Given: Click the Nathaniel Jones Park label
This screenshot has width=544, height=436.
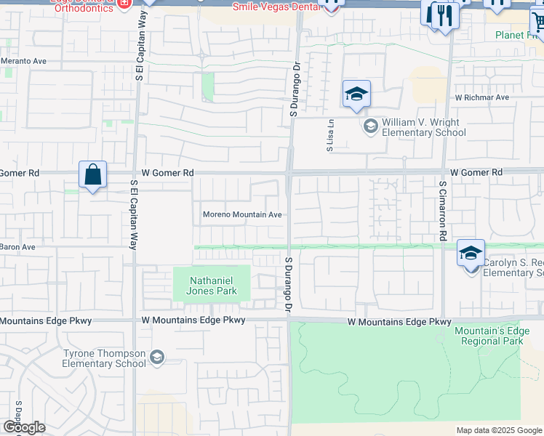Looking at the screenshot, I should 211,285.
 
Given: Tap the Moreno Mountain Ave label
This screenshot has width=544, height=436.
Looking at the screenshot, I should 242,215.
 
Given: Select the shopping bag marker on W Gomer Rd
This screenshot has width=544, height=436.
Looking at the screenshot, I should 92,175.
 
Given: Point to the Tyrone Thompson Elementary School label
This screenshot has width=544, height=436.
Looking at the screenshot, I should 105,358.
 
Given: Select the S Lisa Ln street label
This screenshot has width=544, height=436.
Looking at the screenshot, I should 329,135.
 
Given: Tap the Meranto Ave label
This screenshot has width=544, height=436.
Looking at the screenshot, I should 23,61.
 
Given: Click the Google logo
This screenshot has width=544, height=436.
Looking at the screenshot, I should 24,427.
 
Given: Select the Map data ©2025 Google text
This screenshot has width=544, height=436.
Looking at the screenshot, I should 499,430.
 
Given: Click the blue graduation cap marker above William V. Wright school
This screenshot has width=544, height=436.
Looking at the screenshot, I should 356,94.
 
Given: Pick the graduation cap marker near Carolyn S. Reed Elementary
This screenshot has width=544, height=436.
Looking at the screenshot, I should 471,253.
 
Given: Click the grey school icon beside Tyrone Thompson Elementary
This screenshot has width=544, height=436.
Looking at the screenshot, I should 156,357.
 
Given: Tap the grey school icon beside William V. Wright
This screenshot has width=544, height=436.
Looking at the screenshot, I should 370,127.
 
